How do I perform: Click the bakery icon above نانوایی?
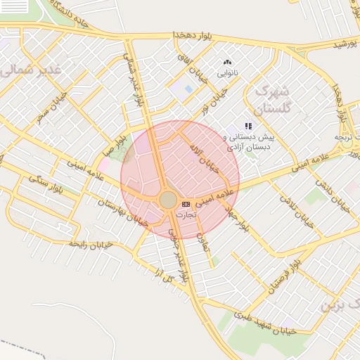click(x=227, y=63)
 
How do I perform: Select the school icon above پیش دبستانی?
click(x=248, y=126)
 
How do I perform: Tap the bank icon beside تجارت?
click(x=186, y=203)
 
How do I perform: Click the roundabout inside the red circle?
click(x=168, y=200)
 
